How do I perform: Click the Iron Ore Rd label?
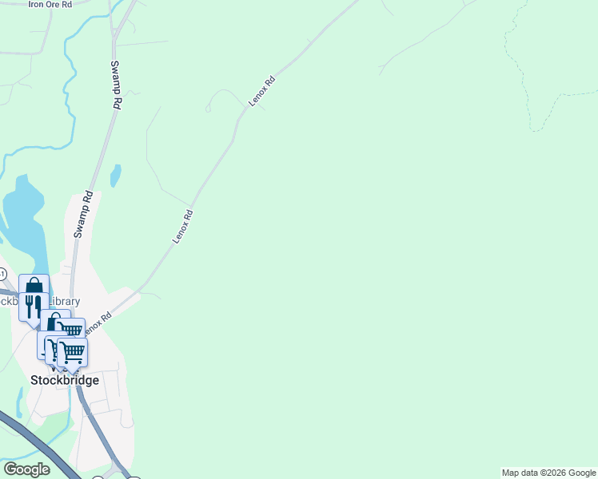[50, 5]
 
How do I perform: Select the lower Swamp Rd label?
[83, 214]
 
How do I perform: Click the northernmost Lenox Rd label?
[262, 91]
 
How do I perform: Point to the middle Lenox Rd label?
[183, 227]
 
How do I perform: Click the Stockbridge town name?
[65, 380]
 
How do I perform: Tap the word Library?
[66, 302]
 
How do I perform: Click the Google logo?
[26, 469]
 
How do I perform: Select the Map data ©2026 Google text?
[548, 473]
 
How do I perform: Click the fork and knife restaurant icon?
[33, 306]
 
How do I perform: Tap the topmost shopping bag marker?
[34, 286]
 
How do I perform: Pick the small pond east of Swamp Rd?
[116, 175]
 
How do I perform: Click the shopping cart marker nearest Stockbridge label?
[73, 351]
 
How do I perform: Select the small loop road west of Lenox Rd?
[216, 99]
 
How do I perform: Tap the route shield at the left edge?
[2, 274]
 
